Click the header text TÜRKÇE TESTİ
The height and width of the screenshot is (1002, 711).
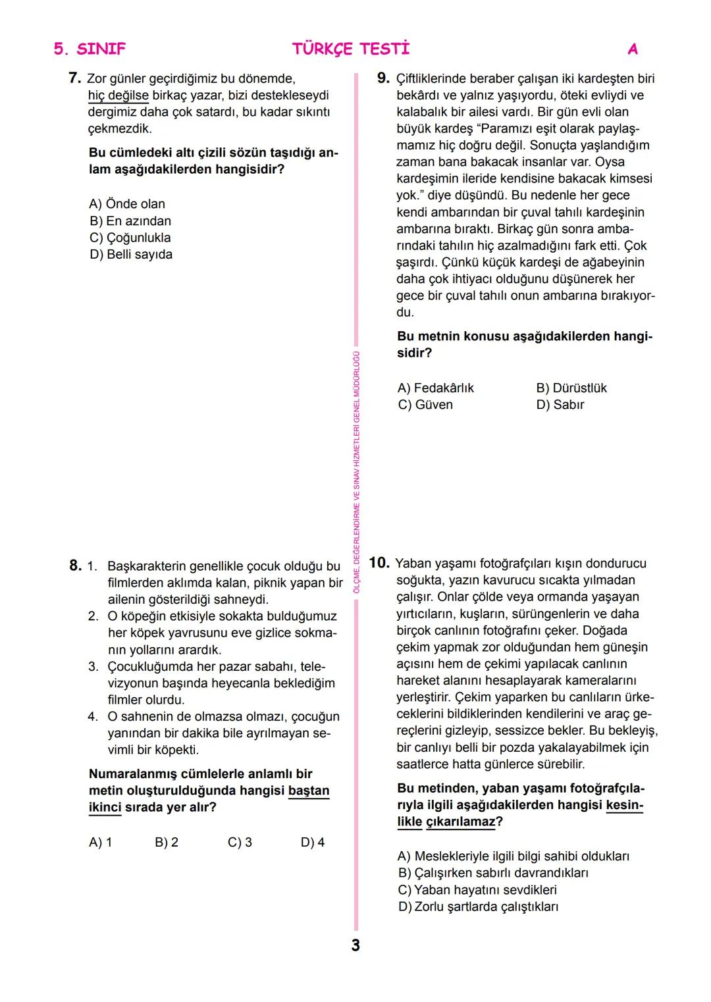350,49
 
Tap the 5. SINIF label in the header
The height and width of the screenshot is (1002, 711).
90,49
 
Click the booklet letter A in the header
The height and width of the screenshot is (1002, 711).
633,49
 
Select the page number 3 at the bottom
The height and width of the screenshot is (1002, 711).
355,945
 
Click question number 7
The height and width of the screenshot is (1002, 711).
74,78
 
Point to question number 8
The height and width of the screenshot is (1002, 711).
75,566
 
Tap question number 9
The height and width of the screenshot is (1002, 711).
383,78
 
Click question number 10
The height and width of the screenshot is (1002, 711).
379,563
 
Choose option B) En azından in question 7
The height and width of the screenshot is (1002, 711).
130,221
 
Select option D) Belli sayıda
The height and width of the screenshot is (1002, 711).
131,254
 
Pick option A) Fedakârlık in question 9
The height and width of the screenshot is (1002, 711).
436,388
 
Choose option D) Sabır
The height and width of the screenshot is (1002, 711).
560,405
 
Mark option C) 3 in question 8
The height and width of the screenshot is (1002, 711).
240,842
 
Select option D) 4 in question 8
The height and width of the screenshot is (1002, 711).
313,842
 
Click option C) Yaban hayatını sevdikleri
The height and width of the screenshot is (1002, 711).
477,889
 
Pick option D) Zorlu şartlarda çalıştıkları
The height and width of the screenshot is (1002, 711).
479,907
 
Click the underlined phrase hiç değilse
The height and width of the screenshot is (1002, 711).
118,95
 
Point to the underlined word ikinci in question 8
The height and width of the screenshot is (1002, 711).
105,807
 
